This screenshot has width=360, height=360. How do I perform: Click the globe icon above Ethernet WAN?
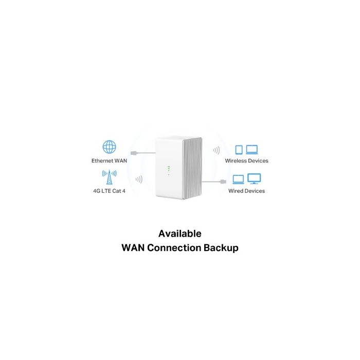[109, 147]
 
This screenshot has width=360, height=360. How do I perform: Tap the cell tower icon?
[109, 177]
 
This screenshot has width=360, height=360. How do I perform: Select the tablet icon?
[239, 150]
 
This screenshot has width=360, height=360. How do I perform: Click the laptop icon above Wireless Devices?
[252, 150]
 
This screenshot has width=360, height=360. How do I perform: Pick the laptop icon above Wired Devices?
[238, 179]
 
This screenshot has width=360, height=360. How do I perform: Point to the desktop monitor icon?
[254, 178]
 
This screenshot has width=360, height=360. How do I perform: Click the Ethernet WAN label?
[109, 160]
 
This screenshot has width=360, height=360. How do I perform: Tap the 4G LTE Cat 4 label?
[109, 191]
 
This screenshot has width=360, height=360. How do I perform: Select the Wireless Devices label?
[246, 160]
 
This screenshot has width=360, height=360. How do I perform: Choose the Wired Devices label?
[246, 191]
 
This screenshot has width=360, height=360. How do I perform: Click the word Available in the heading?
[180, 233]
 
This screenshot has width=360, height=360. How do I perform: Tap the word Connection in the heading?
[174, 248]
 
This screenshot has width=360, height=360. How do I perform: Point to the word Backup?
[221, 248]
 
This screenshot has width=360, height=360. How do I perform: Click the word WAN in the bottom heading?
[133, 248]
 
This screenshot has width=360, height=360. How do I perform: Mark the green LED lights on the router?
[169, 171]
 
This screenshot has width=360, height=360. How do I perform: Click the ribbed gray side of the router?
[193, 169]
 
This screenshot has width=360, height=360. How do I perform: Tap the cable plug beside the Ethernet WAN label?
[134, 153]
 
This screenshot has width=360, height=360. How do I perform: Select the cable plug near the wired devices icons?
[223, 182]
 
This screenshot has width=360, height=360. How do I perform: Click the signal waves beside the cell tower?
[139, 179]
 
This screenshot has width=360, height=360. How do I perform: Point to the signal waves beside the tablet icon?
[217, 150]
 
